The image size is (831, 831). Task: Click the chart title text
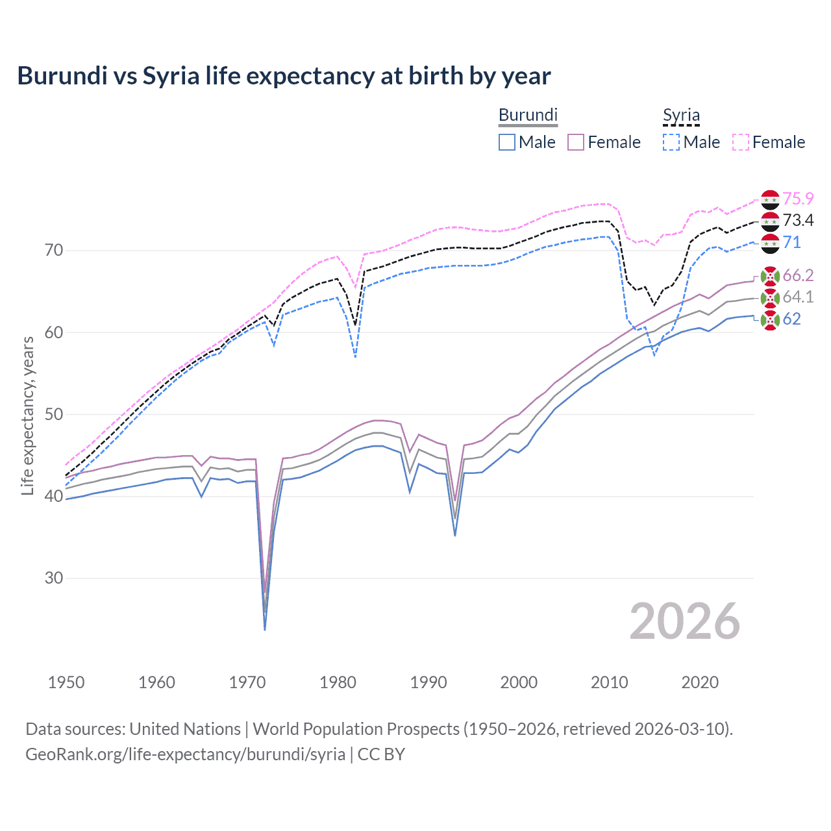pos(284,76)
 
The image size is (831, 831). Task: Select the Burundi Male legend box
pos(507,142)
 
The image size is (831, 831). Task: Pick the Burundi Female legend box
pos(576,142)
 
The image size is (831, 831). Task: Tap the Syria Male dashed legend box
pos(671,142)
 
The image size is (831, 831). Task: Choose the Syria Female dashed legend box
pos(741,142)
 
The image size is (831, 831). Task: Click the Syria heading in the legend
pos(681,115)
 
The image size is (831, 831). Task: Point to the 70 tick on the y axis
pos(54,250)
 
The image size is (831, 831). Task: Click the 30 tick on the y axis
pos(54,578)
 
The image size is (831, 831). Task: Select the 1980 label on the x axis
pos(338,682)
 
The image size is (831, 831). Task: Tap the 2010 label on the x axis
pos(609,682)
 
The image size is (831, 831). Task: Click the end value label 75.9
pos(798,199)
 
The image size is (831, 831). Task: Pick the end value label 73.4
pos(798,221)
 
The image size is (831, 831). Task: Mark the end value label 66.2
pos(798,275)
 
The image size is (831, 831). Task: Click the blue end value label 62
pos(791,319)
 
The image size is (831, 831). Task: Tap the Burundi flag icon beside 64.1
pos(770,298)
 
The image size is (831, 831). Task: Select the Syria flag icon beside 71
pos(770,243)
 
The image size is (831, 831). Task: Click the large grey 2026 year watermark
pos(684,622)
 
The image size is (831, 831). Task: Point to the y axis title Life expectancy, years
pos(27,415)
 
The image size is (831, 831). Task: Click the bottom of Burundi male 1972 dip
pos(265,629)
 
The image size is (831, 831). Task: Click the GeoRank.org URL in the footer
pos(185,754)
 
